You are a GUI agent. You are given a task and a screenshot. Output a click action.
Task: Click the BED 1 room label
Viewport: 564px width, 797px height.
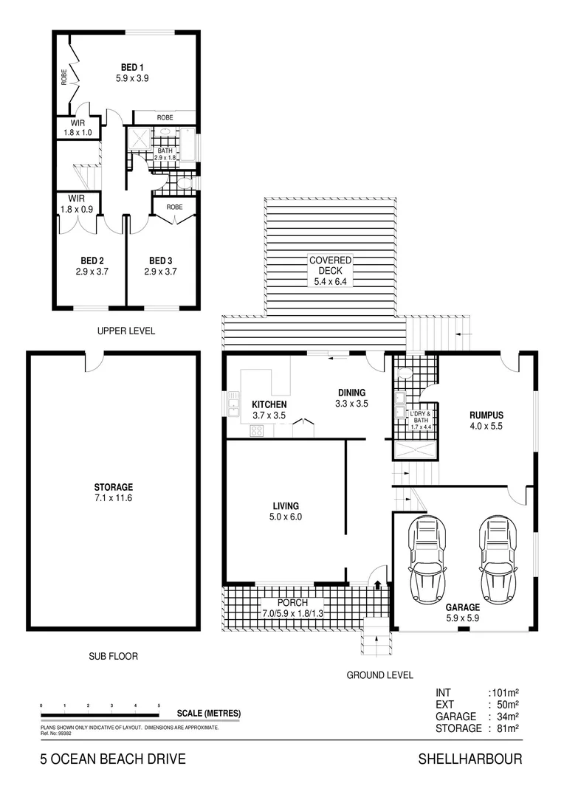point(132,67)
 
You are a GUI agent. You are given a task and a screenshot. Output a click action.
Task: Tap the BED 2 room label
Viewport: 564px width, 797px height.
point(92,261)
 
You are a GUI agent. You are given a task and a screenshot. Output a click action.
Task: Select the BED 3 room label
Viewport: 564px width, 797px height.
point(160,261)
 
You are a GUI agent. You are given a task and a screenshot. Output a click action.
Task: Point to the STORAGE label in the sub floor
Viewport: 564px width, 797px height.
point(113,487)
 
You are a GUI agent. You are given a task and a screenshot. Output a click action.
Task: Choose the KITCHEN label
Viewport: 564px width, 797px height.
point(268,405)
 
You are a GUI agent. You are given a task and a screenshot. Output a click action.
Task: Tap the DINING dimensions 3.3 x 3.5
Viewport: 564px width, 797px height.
point(351,404)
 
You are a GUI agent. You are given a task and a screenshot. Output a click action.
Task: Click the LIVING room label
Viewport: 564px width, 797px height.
point(286,506)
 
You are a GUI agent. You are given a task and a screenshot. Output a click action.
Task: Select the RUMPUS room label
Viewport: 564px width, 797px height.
point(486,415)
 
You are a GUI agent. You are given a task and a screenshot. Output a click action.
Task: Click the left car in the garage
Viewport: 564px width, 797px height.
point(428,560)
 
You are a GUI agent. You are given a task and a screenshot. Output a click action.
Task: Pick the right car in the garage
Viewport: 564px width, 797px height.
point(496,560)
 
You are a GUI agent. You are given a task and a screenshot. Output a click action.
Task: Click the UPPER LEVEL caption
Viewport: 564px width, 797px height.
point(126,331)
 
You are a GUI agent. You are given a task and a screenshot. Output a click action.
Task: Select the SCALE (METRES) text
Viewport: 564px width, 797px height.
point(209,714)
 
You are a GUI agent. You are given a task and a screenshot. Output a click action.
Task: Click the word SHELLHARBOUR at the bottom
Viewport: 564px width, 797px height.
point(470,759)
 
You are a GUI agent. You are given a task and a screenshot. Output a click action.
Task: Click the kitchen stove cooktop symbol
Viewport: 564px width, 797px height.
point(258,432)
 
